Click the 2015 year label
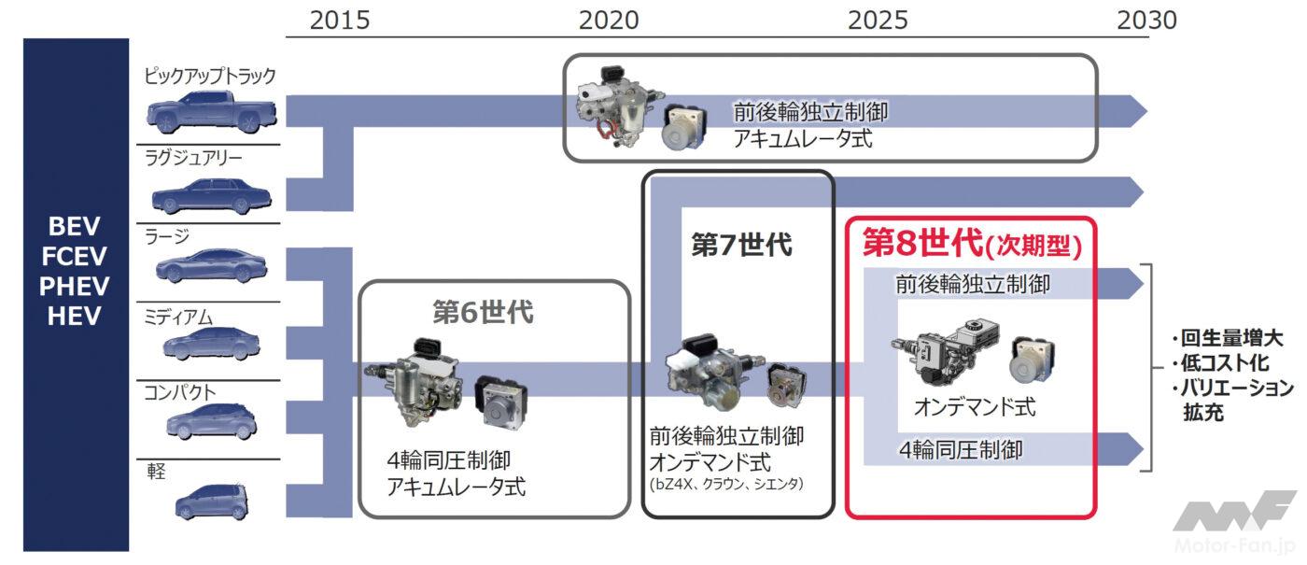pyautogui.click(x=340, y=20)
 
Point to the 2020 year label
pyautogui.click(x=609, y=20)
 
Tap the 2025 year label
pyautogui.click(x=878, y=20)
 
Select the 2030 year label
pyautogui.click(x=1146, y=20)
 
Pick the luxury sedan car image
pyautogui.click(x=211, y=195)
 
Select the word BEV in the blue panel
pyautogui.click(x=75, y=227)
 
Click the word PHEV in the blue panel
pyautogui.click(x=75, y=287)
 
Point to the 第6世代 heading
pyautogui.click(x=483, y=312)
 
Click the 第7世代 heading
pyautogui.click(x=741, y=246)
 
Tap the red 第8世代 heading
pyautogui.click(x=971, y=243)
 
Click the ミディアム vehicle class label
pyautogui.click(x=177, y=318)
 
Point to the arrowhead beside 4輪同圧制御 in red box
pyautogui.click(x=1133, y=445)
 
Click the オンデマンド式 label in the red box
pyautogui.click(x=974, y=408)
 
